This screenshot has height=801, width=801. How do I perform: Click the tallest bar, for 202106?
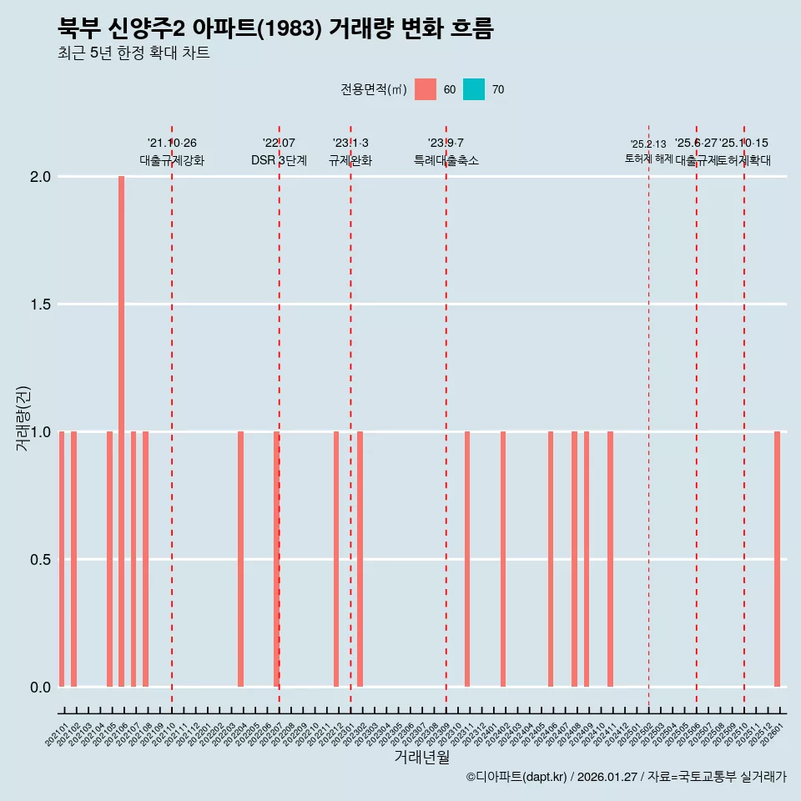tap(121, 431)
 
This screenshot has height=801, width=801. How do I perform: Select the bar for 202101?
tap(62, 559)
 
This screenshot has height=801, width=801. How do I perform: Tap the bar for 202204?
tap(240, 559)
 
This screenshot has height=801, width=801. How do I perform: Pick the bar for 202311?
tap(467, 559)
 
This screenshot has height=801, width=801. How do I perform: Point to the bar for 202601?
tap(777, 559)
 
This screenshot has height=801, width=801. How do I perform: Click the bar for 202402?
tap(503, 559)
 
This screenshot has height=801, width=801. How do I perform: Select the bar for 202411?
tap(610, 559)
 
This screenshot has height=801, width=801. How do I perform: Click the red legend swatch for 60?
tap(426, 89)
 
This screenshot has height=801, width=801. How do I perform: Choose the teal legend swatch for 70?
tap(473, 89)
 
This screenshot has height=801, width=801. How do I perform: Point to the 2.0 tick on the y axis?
tap(42, 177)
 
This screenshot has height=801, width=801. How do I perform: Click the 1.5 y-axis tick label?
tap(42, 305)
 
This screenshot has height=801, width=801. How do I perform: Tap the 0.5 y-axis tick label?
tap(42, 560)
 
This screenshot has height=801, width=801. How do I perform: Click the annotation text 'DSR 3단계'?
tap(279, 161)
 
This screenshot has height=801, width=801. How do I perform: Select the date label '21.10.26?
tap(172, 144)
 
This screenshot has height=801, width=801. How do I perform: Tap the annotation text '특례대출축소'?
tap(446, 161)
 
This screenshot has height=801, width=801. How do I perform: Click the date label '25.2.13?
tap(648, 144)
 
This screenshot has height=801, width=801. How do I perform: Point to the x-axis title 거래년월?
tap(421, 758)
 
